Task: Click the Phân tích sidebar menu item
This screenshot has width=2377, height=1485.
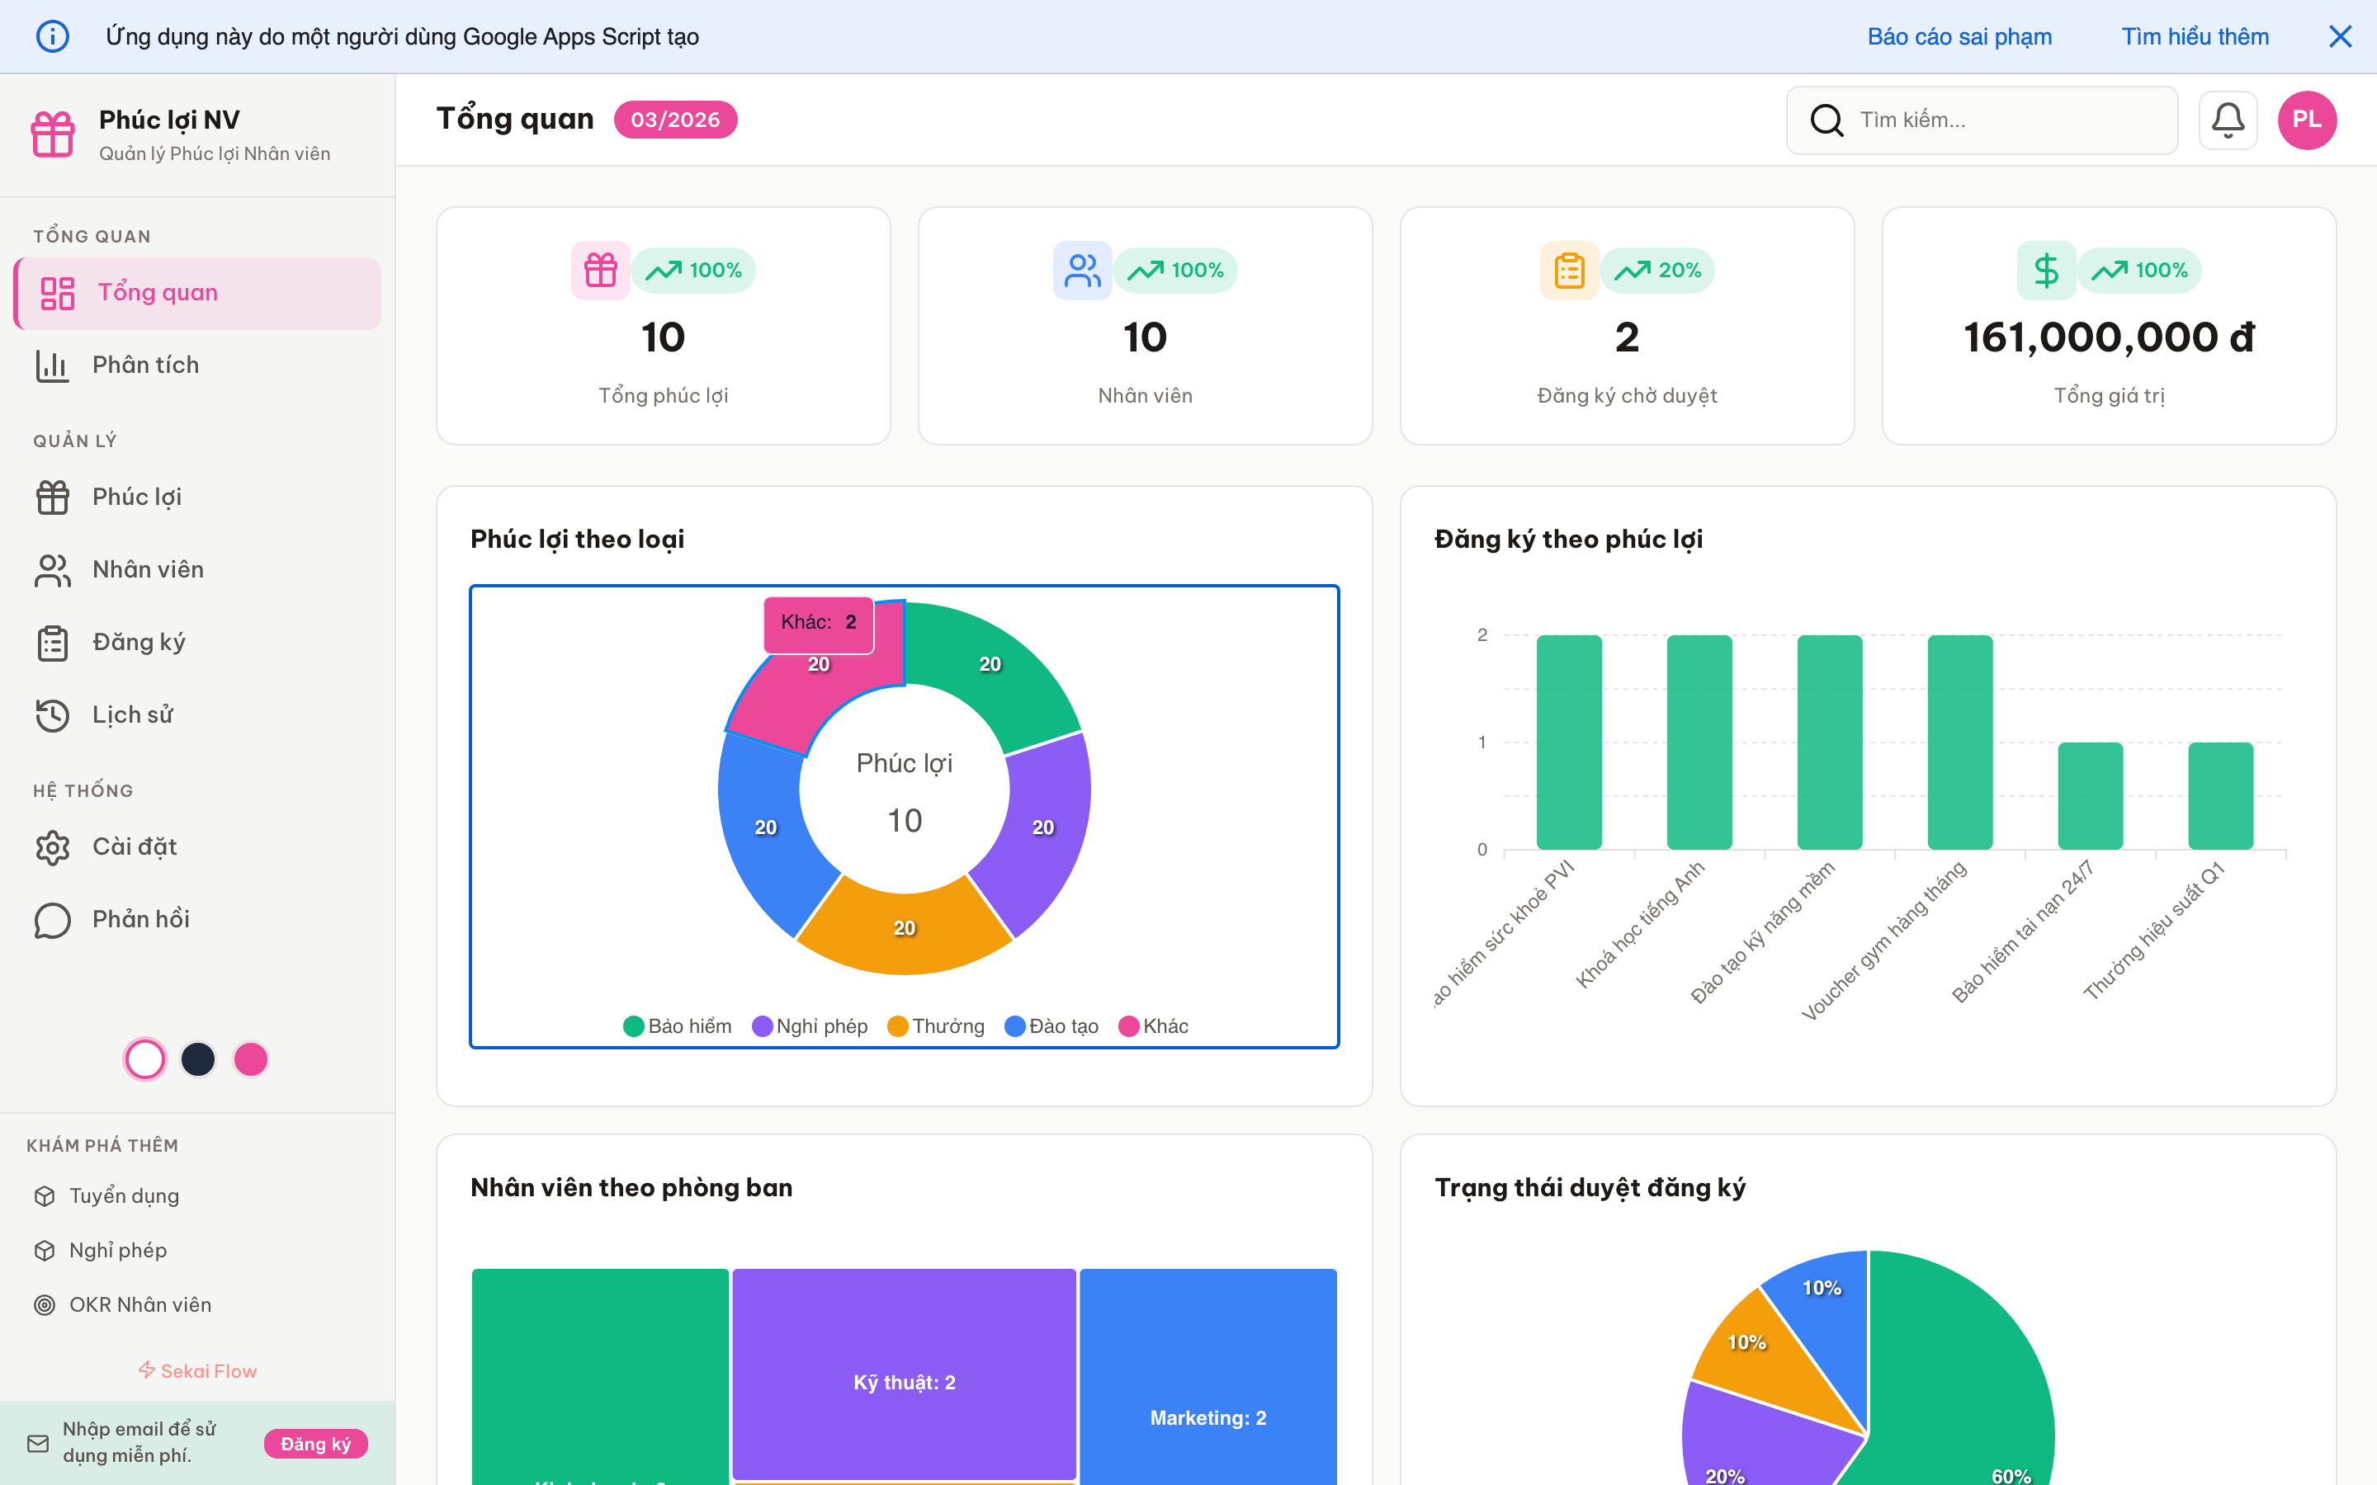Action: tap(145, 365)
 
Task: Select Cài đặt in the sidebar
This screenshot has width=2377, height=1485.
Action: tap(135, 846)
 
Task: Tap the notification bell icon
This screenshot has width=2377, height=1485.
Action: tap(2227, 120)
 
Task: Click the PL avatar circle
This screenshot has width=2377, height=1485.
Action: tap(2306, 120)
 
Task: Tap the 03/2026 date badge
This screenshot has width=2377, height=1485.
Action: tap(675, 120)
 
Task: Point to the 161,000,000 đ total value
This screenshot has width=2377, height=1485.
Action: tap(2108, 338)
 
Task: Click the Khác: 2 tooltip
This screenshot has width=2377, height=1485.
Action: tap(818, 623)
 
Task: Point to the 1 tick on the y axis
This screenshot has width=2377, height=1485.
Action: tap(1482, 742)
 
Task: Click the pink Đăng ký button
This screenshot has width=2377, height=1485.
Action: tap(315, 1444)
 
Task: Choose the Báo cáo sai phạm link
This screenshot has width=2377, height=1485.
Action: tap(1959, 37)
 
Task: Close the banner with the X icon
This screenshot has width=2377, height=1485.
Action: tap(2340, 37)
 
